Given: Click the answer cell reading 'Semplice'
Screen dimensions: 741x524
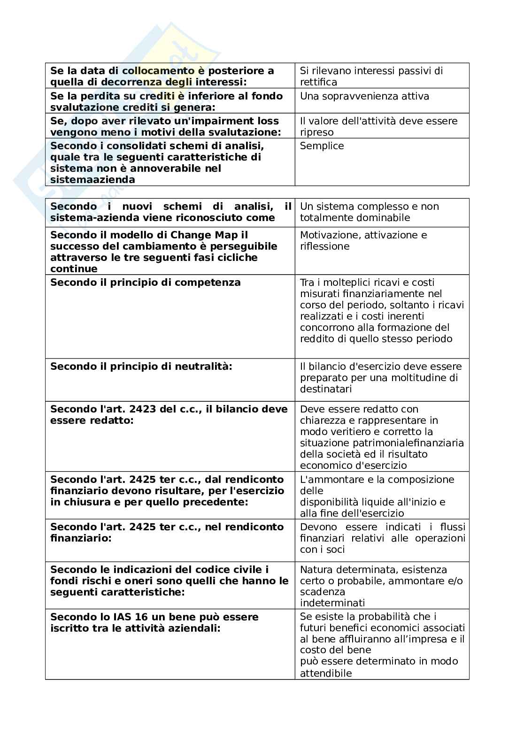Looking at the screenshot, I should point(322,146).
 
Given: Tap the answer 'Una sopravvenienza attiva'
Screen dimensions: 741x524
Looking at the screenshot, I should point(364,96).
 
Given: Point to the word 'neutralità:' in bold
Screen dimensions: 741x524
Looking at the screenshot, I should point(207,367).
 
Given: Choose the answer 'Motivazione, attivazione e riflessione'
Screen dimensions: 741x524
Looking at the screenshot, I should point(363,241).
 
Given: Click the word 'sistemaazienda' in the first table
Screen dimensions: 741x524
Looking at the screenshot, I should point(92,180).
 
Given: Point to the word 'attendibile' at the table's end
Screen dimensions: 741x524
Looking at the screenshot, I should point(326,673).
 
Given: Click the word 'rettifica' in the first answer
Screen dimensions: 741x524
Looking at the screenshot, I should point(318,82).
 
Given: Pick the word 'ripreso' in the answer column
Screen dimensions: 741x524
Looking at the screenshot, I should point(317,132).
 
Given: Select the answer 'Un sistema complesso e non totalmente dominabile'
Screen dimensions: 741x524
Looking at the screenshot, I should point(369,212).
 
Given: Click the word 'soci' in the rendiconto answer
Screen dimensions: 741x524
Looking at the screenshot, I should point(336,550).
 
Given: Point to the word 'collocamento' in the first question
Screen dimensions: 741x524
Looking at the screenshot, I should point(158,71).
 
